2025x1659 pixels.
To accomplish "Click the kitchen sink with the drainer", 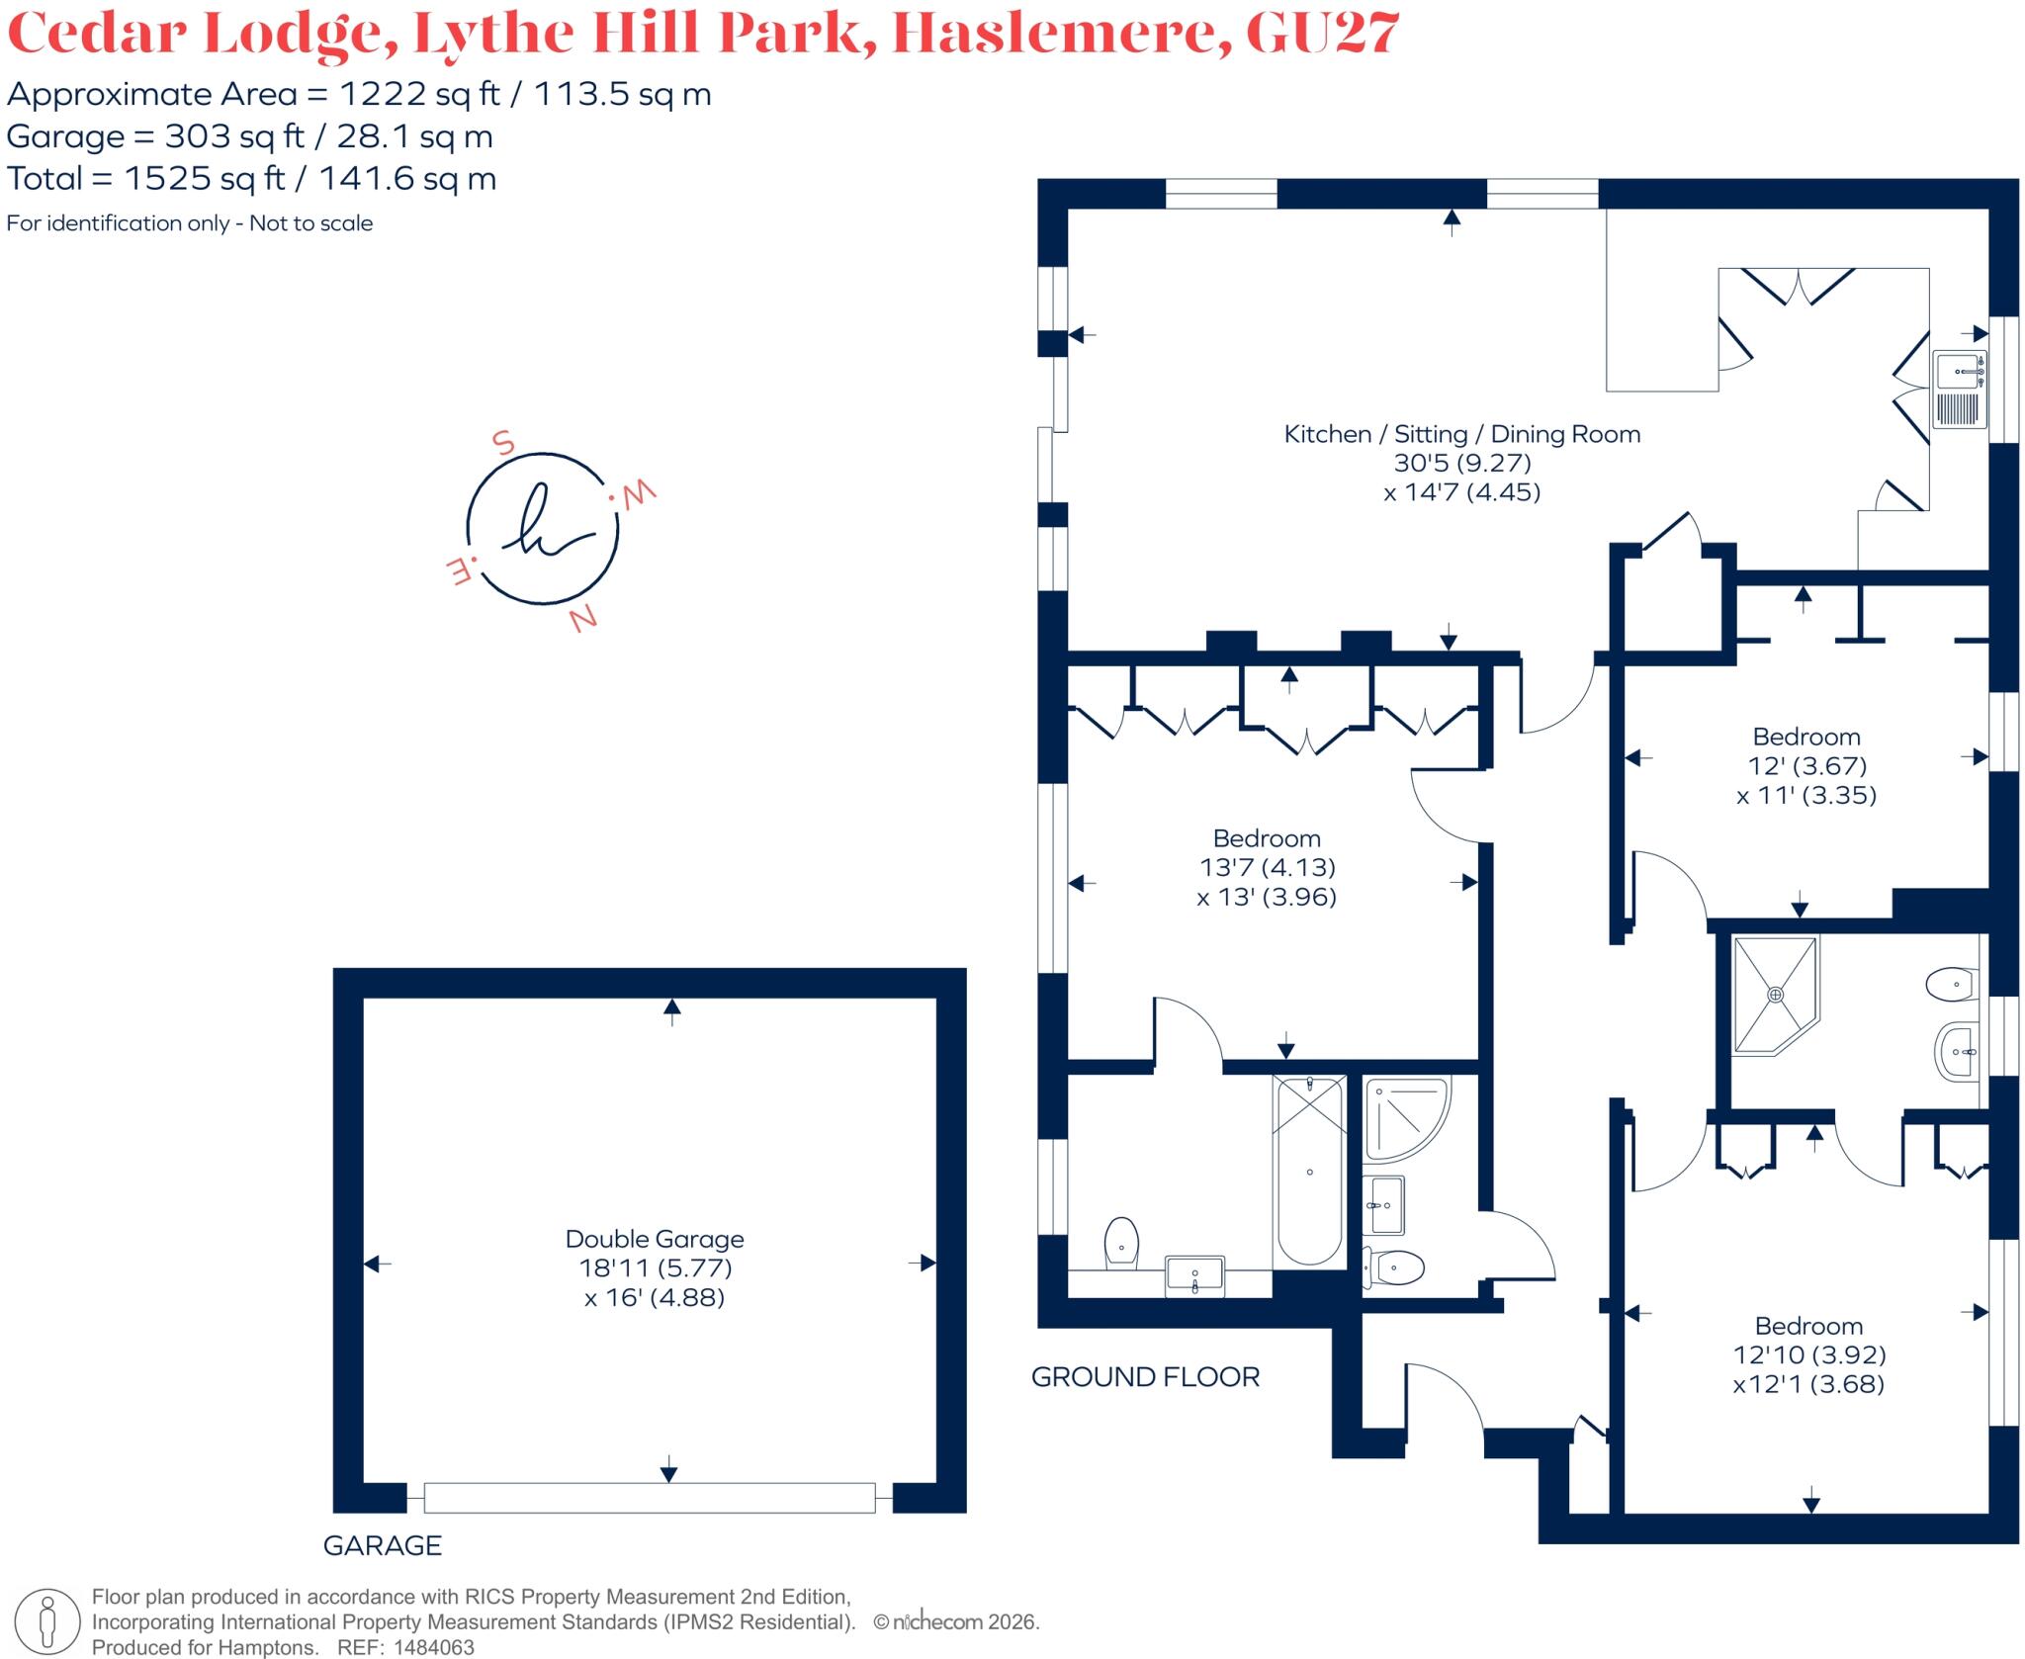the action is click(1959, 391).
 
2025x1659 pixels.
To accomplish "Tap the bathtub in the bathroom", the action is click(1310, 1172).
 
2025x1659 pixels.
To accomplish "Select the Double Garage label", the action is click(655, 1239).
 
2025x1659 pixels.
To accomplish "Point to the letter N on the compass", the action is click(582, 619).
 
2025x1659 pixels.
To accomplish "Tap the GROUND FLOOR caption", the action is click(1145, 1377).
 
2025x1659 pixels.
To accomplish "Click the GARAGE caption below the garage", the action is click(383, 1545).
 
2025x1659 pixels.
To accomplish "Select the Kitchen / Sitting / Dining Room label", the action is click(1461, 434).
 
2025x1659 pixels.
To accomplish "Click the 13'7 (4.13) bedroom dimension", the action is click(1267, 867).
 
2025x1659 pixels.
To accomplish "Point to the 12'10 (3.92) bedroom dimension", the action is click(1808, 1354).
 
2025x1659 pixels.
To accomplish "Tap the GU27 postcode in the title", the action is click(1322, 34).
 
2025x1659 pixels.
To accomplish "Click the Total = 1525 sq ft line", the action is click(251, 179).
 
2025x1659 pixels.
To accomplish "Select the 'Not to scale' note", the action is click(310, 223).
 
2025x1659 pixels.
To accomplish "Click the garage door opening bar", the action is click(650, 1498).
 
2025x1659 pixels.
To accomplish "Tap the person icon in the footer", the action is click(46, 1622).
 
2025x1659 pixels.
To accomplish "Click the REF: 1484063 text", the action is click(405, 1648).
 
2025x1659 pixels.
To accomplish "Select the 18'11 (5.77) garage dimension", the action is click(655, 1267).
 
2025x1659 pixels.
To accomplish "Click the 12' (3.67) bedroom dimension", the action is click(1806, 765).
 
